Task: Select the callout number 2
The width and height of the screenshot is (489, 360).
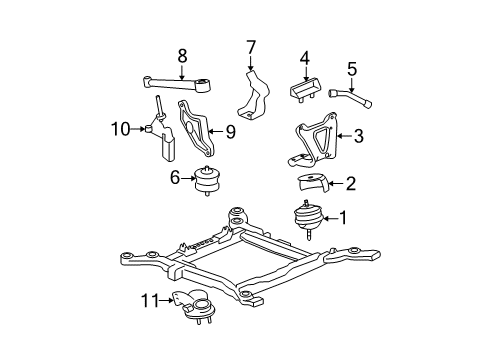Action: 350,183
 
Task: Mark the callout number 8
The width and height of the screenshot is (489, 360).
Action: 181,57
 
